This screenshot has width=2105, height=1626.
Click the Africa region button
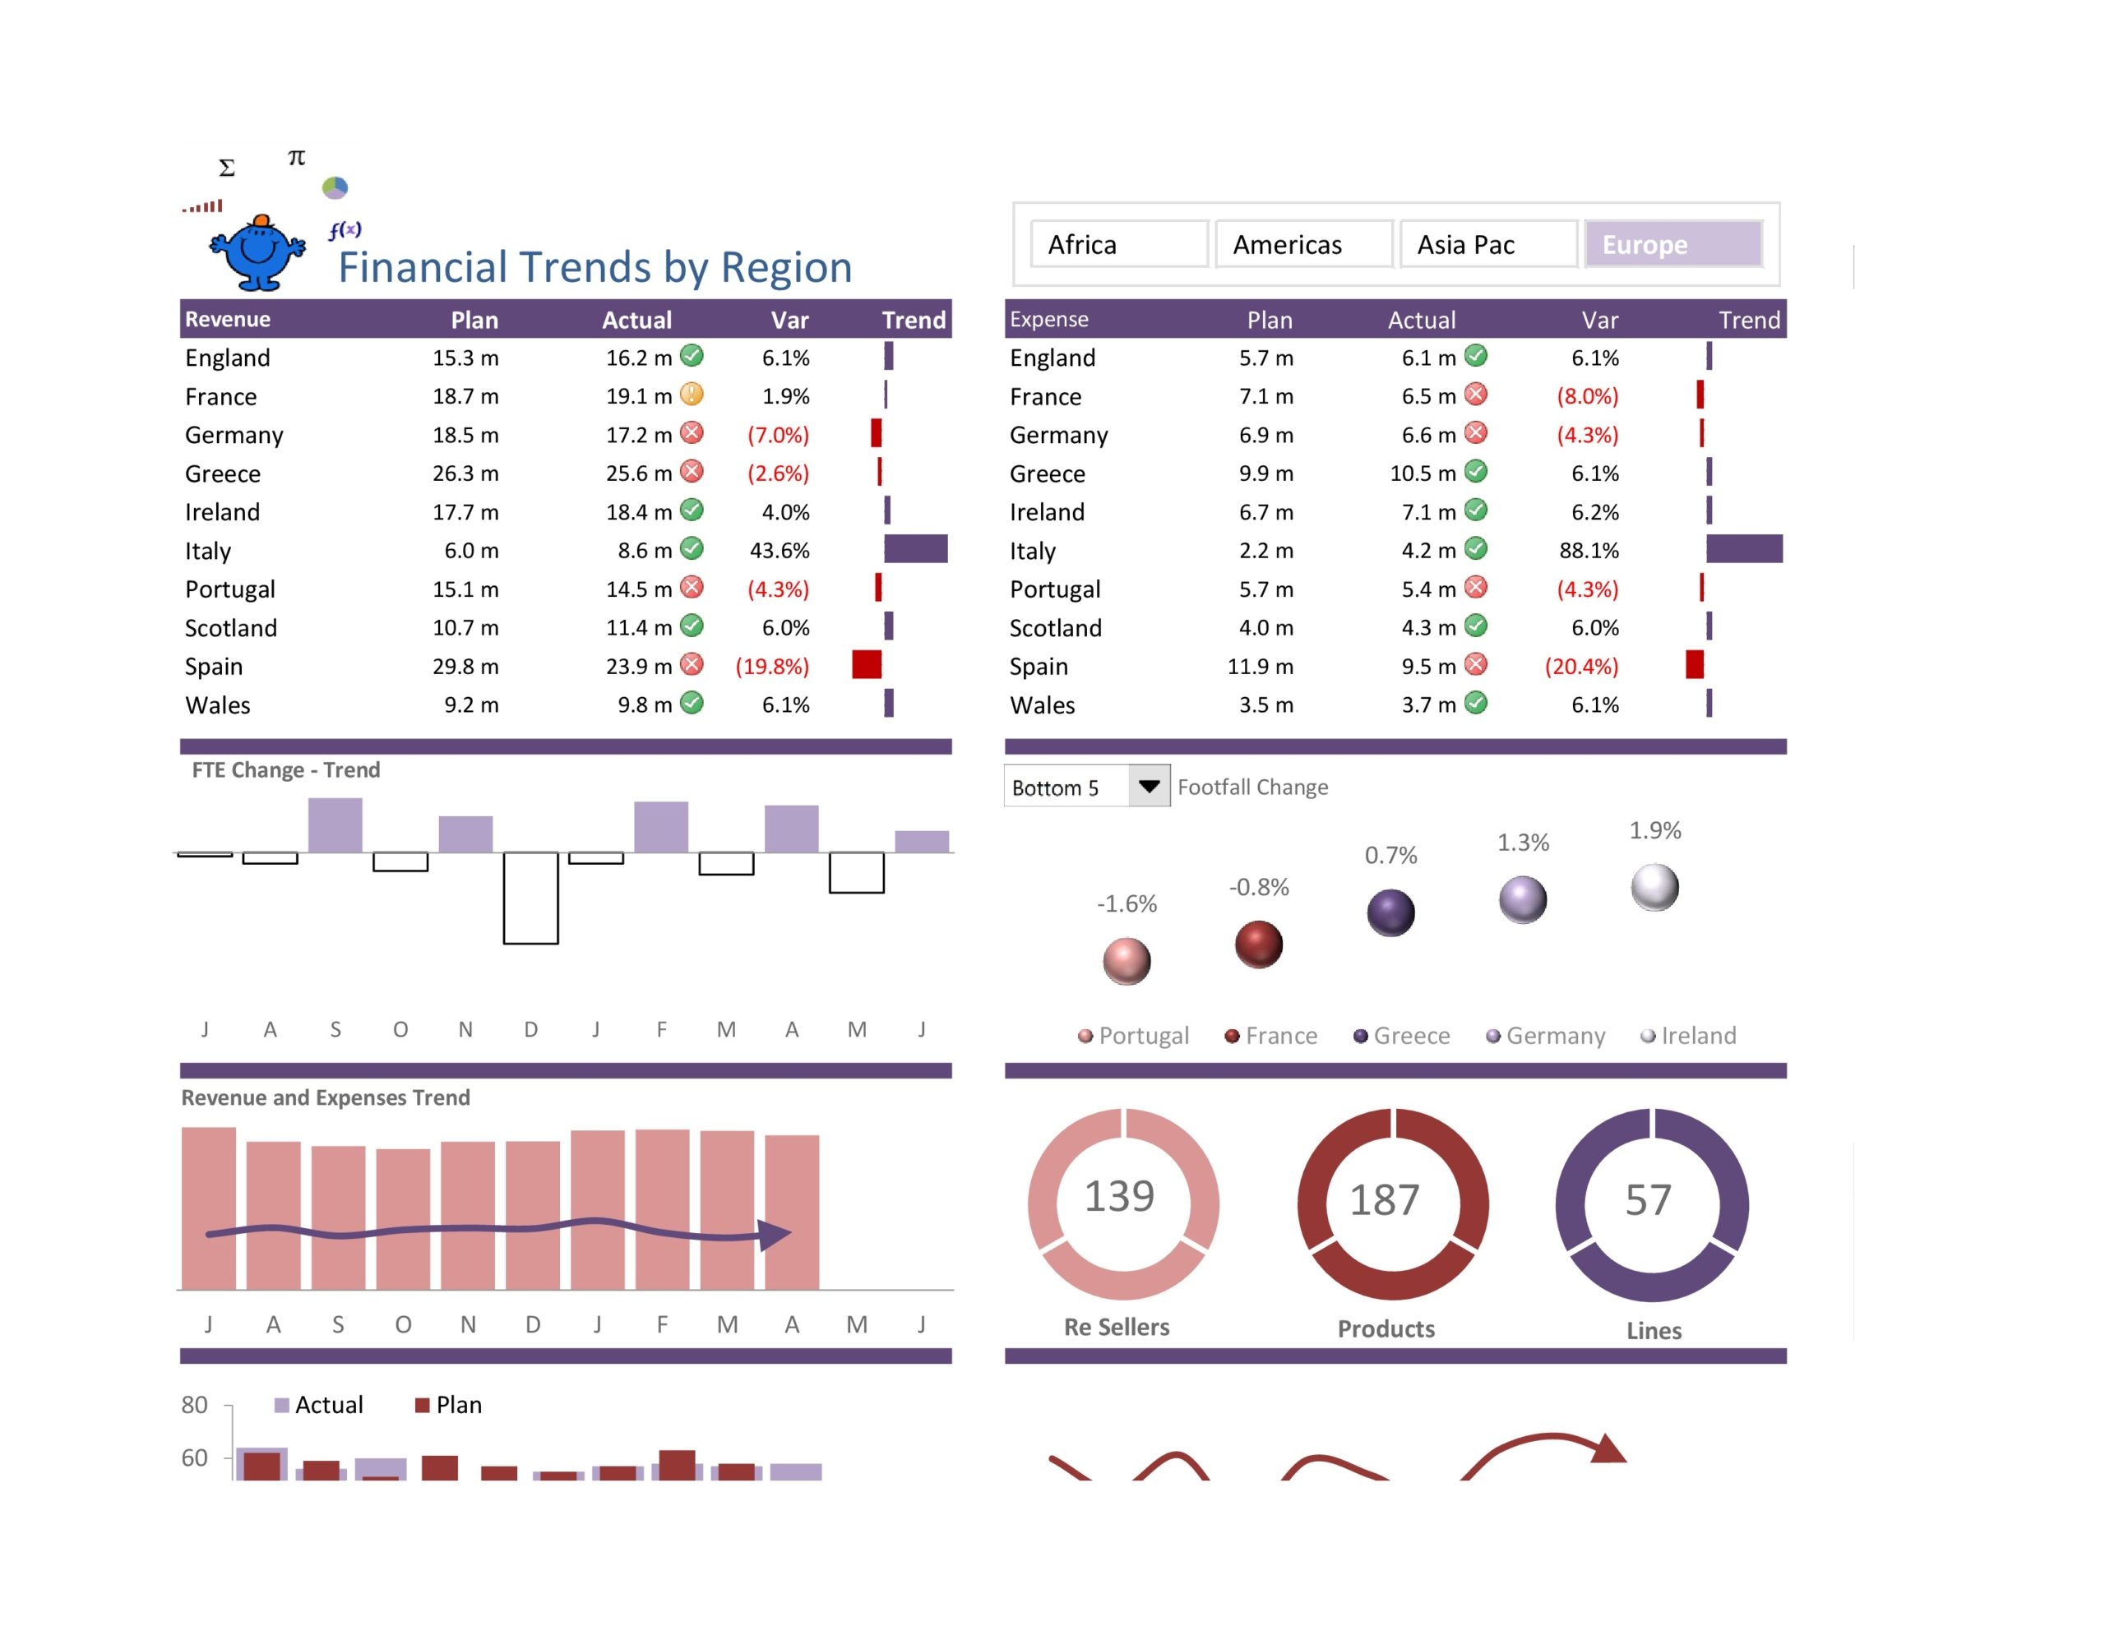click(x=1118, y=245)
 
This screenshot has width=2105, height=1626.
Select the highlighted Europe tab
click(x=1673, y=245)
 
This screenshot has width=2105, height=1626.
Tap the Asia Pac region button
click(x=1487, y=245)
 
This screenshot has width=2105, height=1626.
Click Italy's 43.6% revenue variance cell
click(x=779, y=550)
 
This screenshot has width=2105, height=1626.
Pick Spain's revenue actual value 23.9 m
click(x=638, y=666)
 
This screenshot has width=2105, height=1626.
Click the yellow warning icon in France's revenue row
click(x=692, y=395)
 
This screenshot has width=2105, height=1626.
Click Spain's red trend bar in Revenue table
click(x=867, y=665)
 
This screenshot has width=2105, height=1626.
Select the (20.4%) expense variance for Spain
click(x=1580, y=666)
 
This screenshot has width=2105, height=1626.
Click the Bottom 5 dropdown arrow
click(x=1149, y=787)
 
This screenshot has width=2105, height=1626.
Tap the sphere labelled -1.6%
click(x=1126, y=961)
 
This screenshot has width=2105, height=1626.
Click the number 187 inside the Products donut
click(x=1384, y=1200)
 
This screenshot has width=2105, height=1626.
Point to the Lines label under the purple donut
click(x=1654, y=1331)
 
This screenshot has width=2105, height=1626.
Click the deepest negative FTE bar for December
click(x=530, y=898)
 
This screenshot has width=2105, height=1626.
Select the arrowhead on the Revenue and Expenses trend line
click(x=775, y=1234)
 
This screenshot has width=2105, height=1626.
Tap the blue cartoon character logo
click(x=257, y=252)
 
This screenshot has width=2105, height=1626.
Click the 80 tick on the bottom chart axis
click(x=195, y=1405)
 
